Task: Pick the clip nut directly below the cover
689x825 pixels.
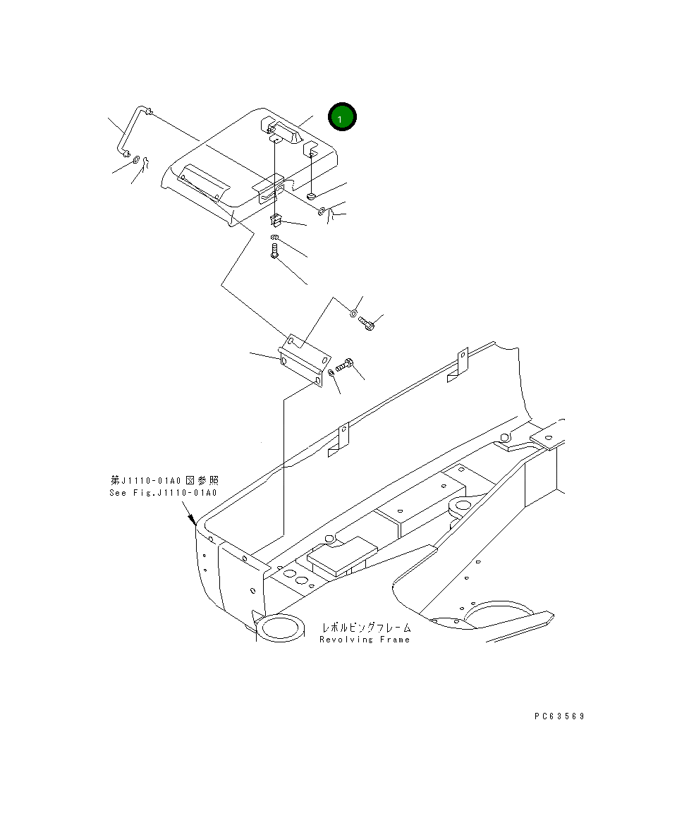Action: tap(276, 220)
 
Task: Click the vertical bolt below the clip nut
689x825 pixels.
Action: tap(275, 250)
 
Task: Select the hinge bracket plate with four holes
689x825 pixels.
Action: tap(301, 360)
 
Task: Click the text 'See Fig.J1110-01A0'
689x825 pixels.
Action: tap(163, 492)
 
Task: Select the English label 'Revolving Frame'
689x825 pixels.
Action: tap(364, 640)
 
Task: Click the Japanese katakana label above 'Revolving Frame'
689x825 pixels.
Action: tap(366, 627)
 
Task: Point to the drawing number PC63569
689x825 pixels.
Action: tap(559, 716)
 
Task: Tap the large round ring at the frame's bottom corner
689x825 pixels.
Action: tap(280, 626)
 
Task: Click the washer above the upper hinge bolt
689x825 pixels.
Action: tap(354, 313)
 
